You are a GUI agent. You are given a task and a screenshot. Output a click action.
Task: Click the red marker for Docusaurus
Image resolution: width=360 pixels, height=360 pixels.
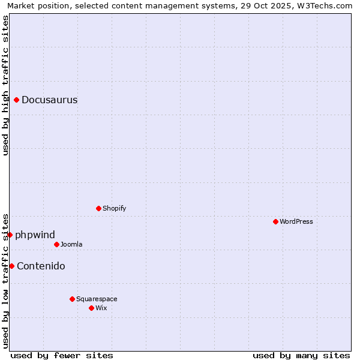[x=17, y=100]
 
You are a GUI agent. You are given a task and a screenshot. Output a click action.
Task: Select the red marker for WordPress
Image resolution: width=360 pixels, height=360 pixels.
[x=275, y=221]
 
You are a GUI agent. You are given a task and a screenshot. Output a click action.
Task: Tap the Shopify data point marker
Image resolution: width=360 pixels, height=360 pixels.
[x=98, y=208]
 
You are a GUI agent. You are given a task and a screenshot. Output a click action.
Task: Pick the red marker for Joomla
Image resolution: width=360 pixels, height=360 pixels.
[x=56, y=244]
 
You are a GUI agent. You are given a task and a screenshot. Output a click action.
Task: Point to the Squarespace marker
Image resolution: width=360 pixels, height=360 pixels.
[x=72, y=299]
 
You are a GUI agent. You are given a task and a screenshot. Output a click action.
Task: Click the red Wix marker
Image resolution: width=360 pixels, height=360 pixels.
[x=91, y=308]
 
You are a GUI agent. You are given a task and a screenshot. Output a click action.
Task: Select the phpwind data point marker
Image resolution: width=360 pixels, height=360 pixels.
[x=10, y=235]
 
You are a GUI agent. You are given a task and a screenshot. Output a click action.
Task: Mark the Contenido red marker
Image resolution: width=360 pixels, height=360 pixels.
[x=11, y=266]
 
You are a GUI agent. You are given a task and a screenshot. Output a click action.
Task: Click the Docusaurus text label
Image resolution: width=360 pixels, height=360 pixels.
[x=49, y=100]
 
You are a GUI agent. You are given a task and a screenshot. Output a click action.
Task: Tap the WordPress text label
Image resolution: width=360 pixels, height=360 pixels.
[x=296, y=221]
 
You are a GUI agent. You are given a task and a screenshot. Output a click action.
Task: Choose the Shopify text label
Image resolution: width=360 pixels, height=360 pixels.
[x=114, y=208]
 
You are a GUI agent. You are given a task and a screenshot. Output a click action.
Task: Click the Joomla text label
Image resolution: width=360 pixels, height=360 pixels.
[x=71, y=244]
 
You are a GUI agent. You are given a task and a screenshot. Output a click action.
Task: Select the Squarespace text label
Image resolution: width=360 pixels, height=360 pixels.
[x=97, y=299]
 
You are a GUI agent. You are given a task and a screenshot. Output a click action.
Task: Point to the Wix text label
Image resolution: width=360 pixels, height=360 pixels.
[x=101, y=308]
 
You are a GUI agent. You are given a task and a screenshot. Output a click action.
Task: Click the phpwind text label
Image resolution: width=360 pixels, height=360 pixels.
[x=35, y=235]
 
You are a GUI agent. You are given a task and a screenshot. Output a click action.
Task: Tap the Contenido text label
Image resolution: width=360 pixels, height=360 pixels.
[x=41, y=266]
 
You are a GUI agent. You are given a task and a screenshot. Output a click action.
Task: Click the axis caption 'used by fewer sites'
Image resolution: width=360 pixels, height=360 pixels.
[x=62, y=355]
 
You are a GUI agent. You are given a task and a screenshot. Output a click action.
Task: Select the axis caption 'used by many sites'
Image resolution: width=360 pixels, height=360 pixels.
[x=301, y=355]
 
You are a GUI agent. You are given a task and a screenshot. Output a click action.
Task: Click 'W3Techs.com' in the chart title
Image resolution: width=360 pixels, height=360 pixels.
[x=326, y=6]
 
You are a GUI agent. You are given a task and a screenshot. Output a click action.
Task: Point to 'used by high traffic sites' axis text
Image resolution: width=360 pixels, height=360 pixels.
[x=6, y=85]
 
